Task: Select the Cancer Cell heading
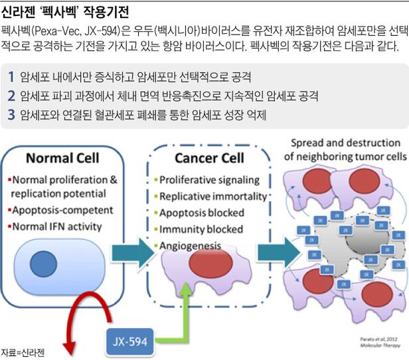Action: click(209, 158)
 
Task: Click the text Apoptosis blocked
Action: click(203, 213)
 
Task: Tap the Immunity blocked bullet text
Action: click(201, 230)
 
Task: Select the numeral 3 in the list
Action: click(11, 115)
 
